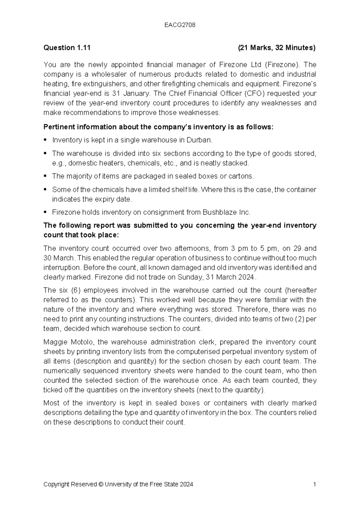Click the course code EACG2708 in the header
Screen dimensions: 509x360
(x=180, y=25)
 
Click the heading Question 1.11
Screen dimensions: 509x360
(x=67, y=48)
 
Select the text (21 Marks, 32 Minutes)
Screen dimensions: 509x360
(x=276, y=48)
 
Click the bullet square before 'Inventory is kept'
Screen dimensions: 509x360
(x=45, y=140)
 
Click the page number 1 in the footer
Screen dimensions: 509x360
(x=314, y=484)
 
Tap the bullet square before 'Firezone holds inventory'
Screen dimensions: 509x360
(x=45, y=212)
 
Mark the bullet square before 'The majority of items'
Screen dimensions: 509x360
(x=45, y=176)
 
